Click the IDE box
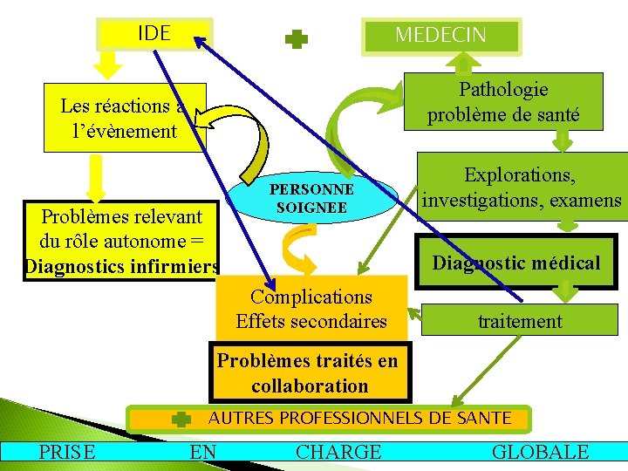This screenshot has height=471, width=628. click(154, 34)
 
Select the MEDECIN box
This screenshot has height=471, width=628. click(440, 36)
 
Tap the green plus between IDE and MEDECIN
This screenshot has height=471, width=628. click(297, 38)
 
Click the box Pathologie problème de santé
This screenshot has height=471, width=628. click(503, 101)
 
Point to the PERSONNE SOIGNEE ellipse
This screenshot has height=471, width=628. click(311, 199)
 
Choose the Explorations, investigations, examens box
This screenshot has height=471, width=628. click(521, 188)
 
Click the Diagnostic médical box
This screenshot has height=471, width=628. click(516, 263)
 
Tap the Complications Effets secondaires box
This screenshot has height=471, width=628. click(311, 309)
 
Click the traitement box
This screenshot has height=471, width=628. click(520, 320)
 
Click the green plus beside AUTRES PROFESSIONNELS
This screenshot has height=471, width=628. click(181, 420)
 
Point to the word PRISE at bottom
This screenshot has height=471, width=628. click(67, 451)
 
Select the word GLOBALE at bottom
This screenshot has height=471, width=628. click(541, 451)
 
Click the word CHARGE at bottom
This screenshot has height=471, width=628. click(338, 451)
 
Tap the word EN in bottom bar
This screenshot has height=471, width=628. click(203, 451)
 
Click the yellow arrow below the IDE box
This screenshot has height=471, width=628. click(108, 63)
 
